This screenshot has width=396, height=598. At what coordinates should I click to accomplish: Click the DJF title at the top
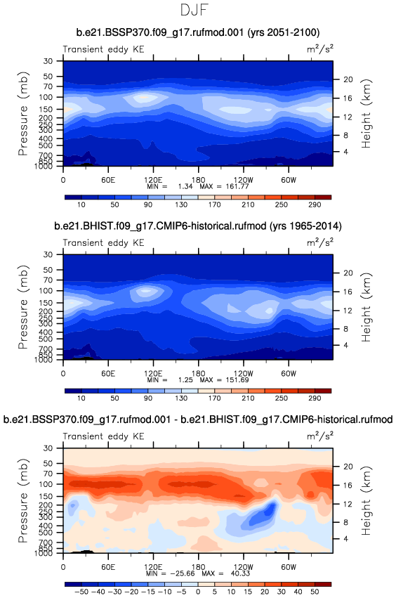(x=194, y=10)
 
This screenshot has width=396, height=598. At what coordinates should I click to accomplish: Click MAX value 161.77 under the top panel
(x=239, y=186)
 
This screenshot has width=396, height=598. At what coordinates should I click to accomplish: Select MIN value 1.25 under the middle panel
(x=185, y=380)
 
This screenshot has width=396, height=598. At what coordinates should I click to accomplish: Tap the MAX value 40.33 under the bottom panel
(x=239, y=573)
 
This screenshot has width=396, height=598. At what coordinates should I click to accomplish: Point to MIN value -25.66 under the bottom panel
(x=181, y=573)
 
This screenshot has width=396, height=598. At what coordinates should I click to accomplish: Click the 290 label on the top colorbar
(x=315, y=204)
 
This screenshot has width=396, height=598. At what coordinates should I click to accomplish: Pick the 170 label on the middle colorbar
(x=215, y=398)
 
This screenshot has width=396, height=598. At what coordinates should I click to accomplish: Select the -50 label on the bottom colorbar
(x=81, y=592)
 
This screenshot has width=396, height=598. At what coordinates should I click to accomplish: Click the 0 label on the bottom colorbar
(x=198, y=592)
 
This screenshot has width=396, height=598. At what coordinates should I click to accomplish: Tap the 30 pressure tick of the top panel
(x=48, y=61)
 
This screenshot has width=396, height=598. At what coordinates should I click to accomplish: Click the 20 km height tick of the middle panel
(x=348, y=273)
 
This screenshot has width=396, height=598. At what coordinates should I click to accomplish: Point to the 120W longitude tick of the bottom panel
(x=243, y=567)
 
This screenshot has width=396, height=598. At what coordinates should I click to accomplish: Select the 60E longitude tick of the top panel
(x=108, y=180)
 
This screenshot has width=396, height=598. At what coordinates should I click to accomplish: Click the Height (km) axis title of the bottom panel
(x=366, y=501)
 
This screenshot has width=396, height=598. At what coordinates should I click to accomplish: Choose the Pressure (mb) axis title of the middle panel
(x=23, y=306)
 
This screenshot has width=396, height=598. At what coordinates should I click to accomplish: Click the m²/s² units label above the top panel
(x=320, y=49)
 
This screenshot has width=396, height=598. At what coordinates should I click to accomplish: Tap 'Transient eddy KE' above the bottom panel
(x=103, y=436)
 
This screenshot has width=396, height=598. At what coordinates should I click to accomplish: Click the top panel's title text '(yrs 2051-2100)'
(x=284, y=32)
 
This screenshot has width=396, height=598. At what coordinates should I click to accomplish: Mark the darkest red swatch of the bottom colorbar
(x=323, y=584)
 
